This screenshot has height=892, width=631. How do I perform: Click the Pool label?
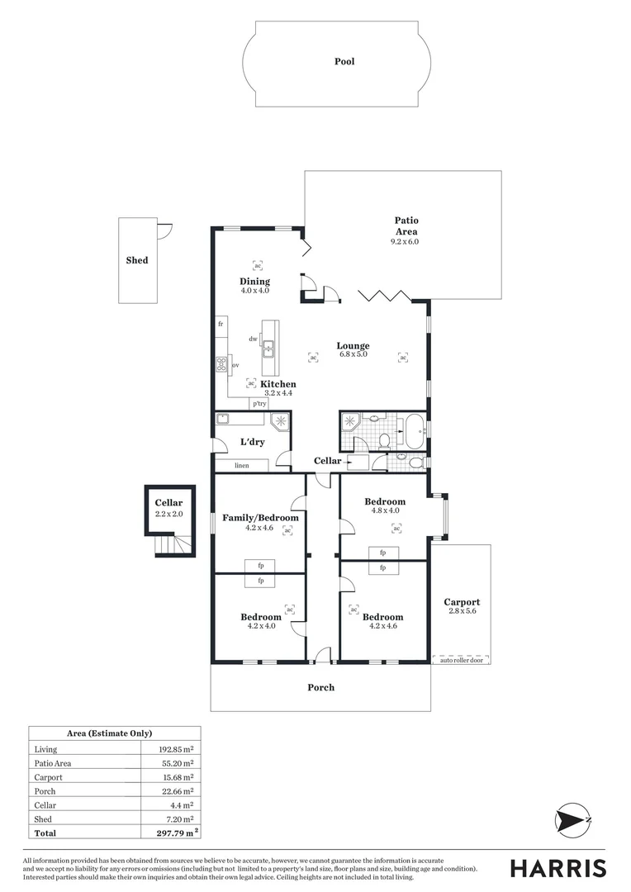[344, 61]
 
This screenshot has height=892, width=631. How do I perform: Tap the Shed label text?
[137, 260]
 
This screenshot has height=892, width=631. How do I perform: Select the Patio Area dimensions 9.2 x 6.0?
[406, 241]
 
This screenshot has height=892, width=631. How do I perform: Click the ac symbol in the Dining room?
[256, 266]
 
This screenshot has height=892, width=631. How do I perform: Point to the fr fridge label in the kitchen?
[221, 325]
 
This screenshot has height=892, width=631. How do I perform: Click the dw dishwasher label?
[254, 339]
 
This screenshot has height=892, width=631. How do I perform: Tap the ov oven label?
[235, 364]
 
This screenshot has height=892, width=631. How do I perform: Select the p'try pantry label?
[260, 404]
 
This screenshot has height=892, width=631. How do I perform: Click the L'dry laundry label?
[252, 442]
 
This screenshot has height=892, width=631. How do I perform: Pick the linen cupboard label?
[241, 466]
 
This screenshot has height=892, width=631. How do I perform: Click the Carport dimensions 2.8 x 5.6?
[461, 612]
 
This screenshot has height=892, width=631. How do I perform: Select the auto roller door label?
[461, 660]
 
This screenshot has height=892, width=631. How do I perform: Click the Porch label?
[320, 687]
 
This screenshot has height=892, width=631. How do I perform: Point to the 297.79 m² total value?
[178, 833]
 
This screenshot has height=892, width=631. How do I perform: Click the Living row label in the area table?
[45, 749]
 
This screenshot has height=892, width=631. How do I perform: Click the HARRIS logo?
[557, 868]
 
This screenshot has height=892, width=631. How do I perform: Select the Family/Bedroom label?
[260, 518]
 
